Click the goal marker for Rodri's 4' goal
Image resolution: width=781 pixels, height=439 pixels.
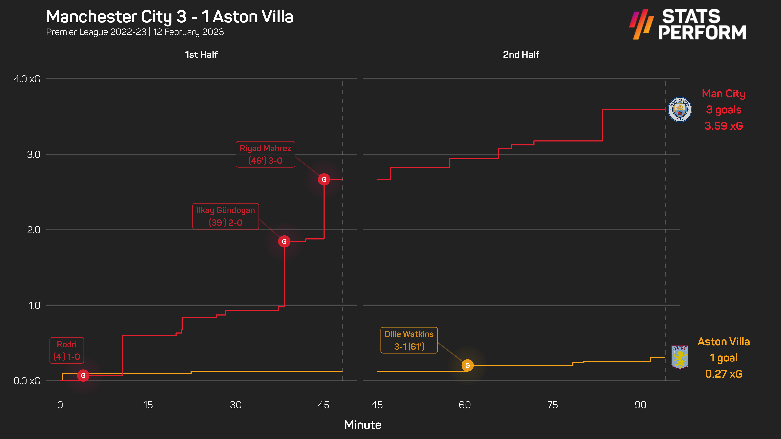click(83, 376)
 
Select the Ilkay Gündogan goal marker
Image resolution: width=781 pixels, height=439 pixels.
click(284, 241)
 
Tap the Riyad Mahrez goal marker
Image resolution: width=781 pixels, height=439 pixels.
click(324, 180)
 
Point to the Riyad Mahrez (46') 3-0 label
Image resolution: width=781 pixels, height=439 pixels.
click(265, 154)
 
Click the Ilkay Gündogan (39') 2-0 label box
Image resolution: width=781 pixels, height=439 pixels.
click(226, 216)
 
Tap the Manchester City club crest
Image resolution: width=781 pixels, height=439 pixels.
click(680, 109)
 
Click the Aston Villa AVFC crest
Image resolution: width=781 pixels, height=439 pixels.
click(680, 357)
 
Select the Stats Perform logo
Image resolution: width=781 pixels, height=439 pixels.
click(688, 24)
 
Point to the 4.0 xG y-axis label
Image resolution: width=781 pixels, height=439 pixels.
click(27, 79)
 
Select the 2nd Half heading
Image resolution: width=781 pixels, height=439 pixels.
click(521, 55)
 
